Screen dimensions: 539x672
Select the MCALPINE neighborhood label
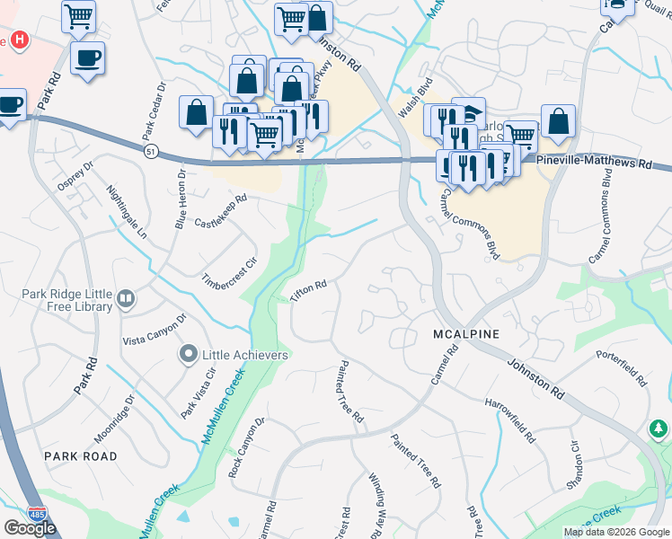pyautogui.click(x=464, y=334)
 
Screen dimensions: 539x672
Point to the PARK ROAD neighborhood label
pyautogui.click(x=81, y=456)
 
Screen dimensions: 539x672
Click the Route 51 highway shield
pyautogui.click(x=151, y=152)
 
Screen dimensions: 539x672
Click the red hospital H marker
pyautogui.click(x=20, y=41)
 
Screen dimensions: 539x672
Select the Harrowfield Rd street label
pyautogui.click(x=509, y=420)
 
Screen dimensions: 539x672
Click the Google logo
pyautogui.click(x=30, y=527)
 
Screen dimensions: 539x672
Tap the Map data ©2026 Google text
pyautogui.click(x=615, y=532)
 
